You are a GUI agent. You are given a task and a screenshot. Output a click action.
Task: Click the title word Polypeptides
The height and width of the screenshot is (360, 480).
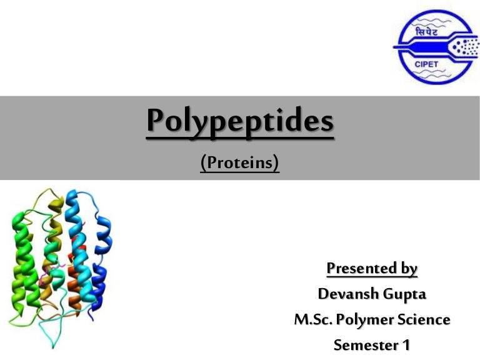(x=240, y=122)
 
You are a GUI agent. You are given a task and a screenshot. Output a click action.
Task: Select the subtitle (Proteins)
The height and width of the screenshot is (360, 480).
(x=239, y=163)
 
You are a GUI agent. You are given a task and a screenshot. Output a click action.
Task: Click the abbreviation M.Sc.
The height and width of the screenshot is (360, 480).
(x=312, y=319)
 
